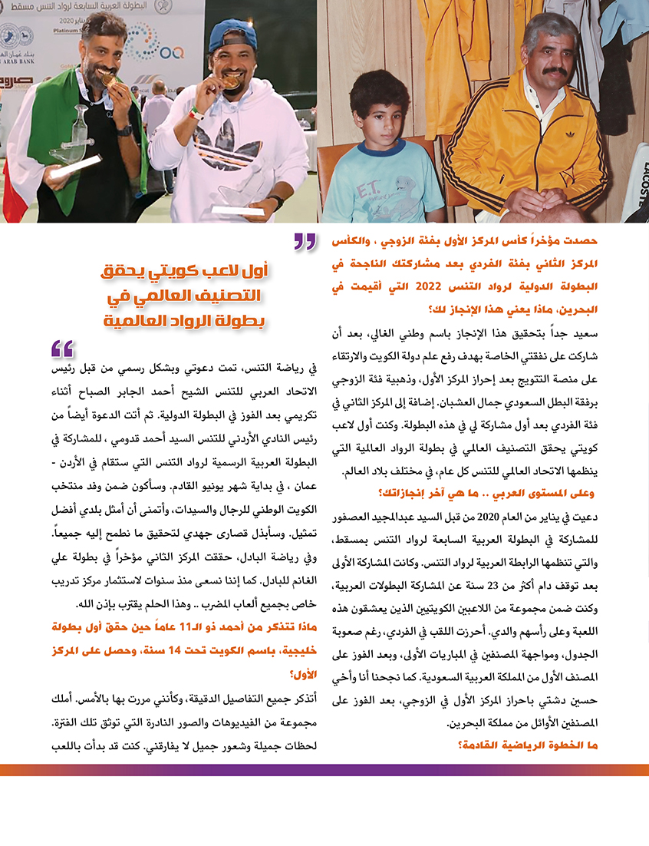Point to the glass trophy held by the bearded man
(77, 138)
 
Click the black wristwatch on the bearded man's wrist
(124, 131)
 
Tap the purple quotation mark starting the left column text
(62, 350)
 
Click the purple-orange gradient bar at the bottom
(324, 769)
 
